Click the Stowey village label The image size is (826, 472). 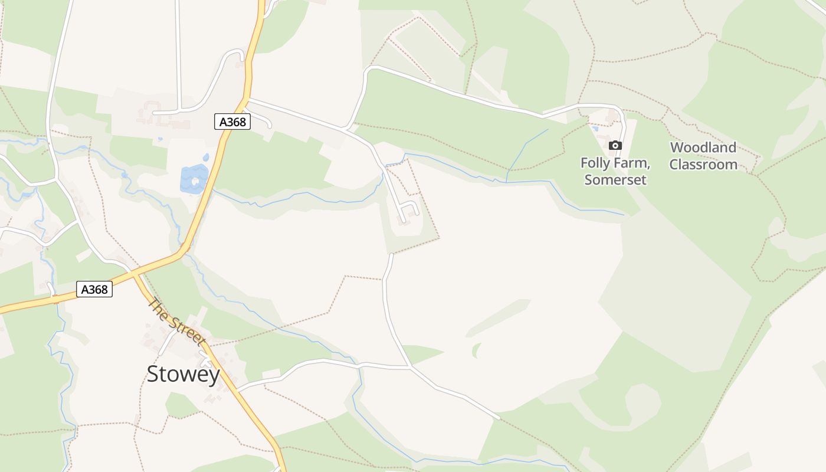click(183, 374)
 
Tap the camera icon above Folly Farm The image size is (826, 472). click(615, 145)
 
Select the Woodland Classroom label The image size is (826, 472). click(703, 156)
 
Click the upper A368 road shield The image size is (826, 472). click(232, 122)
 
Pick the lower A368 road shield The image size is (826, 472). click(94, 289)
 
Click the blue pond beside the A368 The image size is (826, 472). click(194, 178)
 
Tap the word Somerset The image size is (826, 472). click(615, 179)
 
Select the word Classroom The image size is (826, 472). click(703, 165)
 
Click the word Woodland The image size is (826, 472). click(703, 147)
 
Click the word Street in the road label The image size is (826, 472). click(186, 330)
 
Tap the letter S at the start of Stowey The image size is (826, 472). click(153, 374)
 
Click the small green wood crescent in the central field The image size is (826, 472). click(476, 350)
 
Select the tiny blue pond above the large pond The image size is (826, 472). click(205, 158)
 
